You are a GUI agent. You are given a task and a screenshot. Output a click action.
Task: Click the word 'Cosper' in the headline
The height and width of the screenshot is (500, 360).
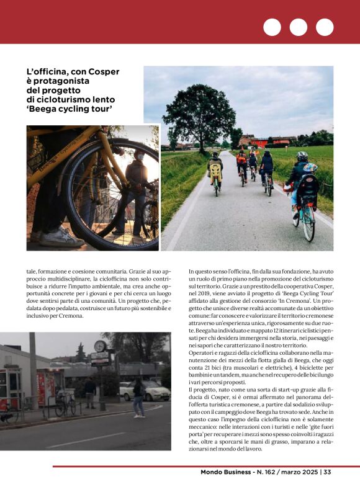103,71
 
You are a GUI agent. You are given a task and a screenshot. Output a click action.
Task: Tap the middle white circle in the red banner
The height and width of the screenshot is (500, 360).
298,27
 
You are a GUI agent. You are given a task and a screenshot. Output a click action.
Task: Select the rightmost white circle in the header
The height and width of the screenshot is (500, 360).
325,27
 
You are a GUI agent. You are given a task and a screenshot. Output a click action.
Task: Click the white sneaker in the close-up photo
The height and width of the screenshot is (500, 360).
61,236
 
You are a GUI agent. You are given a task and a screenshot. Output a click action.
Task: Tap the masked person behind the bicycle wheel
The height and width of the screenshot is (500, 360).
136,186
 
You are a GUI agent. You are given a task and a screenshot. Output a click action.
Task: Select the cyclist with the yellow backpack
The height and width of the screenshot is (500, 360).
215,172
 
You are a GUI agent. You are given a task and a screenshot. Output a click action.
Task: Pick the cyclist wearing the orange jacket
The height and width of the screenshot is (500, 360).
241,164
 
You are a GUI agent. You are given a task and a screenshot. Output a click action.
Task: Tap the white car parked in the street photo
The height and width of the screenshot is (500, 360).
145,390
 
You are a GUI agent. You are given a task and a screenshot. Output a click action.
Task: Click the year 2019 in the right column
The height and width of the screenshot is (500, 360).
202,297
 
